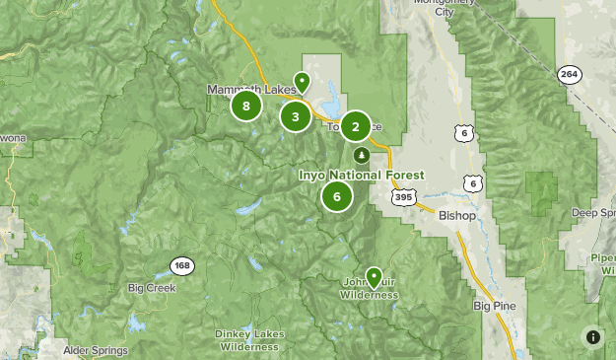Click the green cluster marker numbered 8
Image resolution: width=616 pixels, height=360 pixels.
click(245, 106)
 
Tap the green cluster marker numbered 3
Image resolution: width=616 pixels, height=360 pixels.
click(295, 116)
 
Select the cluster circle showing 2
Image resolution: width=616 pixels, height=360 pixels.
click(356, 126)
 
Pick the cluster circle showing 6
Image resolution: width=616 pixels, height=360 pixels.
click(337, 196)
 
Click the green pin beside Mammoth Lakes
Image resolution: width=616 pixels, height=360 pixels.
click(302, 82)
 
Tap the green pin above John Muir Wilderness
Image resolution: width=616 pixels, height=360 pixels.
click(374, 277)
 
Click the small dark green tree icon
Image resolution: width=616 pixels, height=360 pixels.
click(362, 155)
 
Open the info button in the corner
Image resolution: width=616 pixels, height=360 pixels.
click(592, 336)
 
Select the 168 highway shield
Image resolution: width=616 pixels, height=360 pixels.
click(181, 265)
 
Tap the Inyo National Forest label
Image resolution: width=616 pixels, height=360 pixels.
click(362, 176)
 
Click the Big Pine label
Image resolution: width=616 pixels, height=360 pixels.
click(494, 306)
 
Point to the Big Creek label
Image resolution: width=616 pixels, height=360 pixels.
click(151, 288)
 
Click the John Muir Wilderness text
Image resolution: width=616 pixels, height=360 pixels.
click(371, 289)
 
